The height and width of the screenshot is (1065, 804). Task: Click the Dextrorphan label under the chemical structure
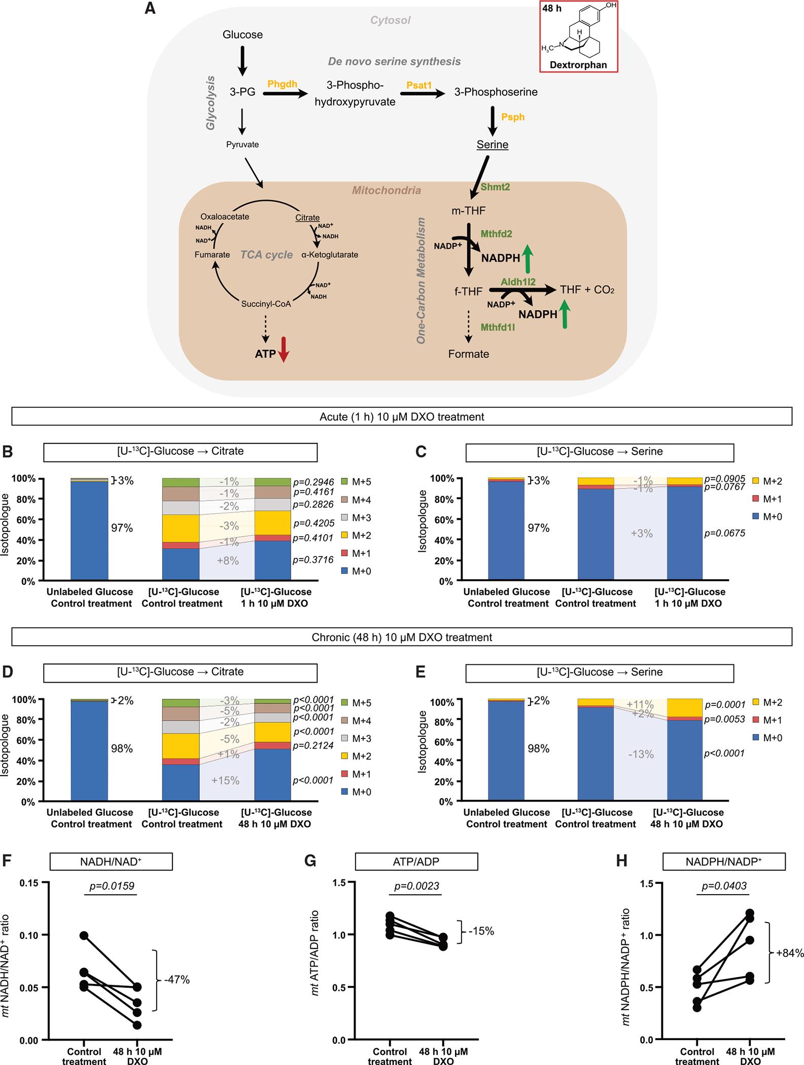(x=578, y=65)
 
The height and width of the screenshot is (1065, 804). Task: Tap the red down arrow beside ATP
(x=284, y=349)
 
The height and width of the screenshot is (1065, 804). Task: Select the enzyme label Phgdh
(x=282, y=84)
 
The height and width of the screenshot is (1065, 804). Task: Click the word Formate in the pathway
(x=468, y=354)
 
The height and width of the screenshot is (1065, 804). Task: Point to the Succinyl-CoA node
(x=266, y=304)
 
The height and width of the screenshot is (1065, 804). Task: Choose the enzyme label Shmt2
(x=495, y=187)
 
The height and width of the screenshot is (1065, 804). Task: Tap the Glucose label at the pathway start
(x=242, y=35)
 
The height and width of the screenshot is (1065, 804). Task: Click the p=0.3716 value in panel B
(x=313, y=560)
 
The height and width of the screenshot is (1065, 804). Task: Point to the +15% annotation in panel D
(x=225, y=780)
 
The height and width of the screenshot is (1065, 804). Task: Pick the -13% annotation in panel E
(x=641, y=754)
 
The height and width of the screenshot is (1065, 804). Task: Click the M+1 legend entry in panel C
(x=766, y=499)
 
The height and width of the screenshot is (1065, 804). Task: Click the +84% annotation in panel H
(x=790, y=953)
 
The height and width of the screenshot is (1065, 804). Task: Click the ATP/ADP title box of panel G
(x=416, y=861)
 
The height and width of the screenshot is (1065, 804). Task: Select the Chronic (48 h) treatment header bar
(x=401, y=637)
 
